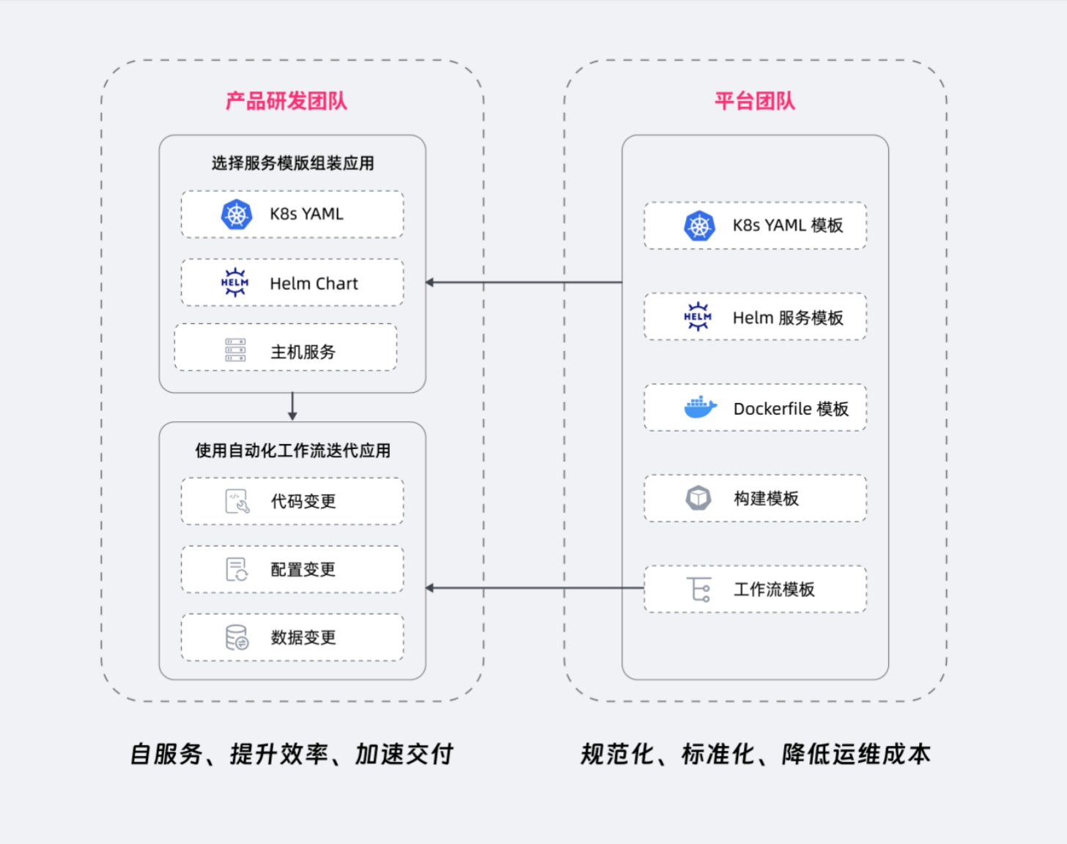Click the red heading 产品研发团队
tap(286, 101)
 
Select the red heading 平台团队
tap(755, 101)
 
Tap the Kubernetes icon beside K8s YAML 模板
tap(699, 226)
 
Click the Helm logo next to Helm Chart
tap(235, 283)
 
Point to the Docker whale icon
tap(700, 407)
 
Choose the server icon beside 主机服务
tap(235, 351)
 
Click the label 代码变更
tap(303, 501)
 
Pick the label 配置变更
tap(303, 569)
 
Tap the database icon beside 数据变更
tap(237, 637)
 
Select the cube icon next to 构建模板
tap(698, 498)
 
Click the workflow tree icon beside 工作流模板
tap(699, 589)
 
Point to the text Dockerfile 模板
tap(791, 409)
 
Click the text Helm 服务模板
tap(788, 317)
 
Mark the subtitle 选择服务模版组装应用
tap(292, 163)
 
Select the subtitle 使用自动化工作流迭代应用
tap(292, 451)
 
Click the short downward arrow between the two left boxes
tap(292, 407)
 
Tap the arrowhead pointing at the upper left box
tap(430, 282)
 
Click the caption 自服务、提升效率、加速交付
tap(292, 754)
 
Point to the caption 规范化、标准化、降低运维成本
tap(756, 754)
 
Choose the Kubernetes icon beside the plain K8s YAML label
tap(236, 215)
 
